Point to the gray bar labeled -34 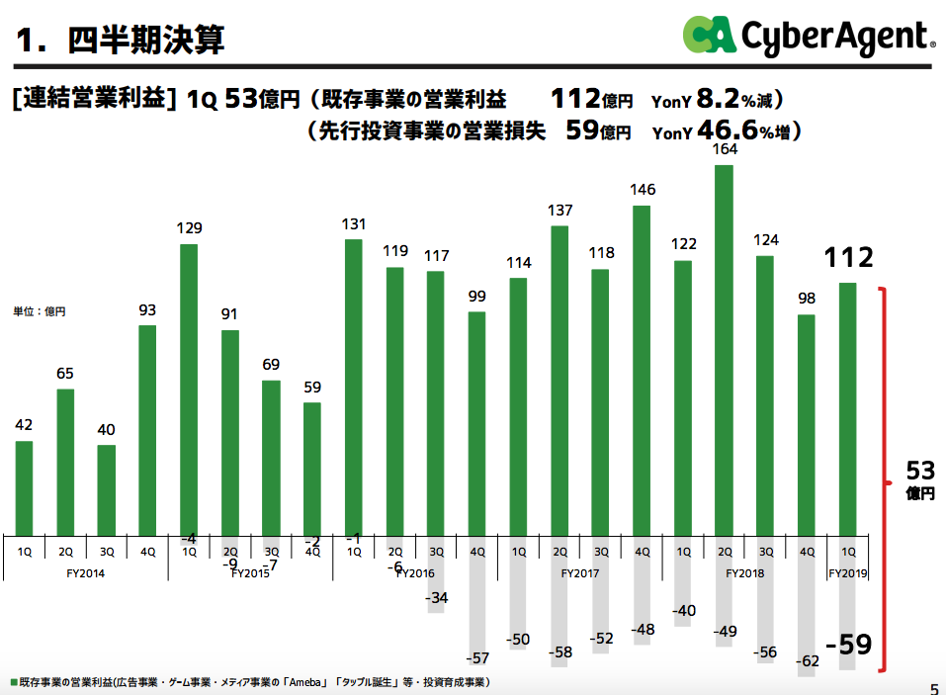point(436,572)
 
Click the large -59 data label point(848,646)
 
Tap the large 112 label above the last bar point(848,258)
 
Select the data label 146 point(642,190)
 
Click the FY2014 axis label point(86,572)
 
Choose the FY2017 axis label point(580,572)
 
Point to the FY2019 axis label point(847,572)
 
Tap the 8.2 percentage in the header point(717,98)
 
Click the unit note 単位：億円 point(40,311)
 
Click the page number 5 point(933,689)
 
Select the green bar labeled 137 point(559,380)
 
